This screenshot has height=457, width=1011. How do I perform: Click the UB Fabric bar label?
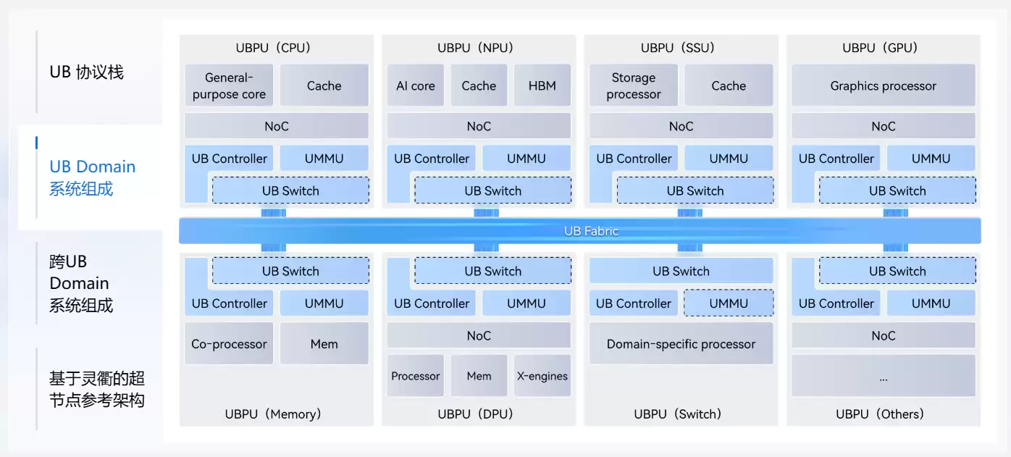[591, 231]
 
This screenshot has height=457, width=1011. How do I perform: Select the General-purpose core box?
[229, 85]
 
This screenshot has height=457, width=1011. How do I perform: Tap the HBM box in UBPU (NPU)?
[542, 85]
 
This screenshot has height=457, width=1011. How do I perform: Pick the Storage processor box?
[634, 85]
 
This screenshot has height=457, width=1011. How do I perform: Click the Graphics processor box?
[883, 85]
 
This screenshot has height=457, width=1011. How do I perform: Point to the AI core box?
[416, 85]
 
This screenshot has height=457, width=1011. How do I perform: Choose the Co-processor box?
[229, 344]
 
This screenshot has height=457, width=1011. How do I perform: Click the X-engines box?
[542, 376]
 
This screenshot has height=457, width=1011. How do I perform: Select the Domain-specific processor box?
[681, 344]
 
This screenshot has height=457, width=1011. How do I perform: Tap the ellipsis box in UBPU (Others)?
[883, 377]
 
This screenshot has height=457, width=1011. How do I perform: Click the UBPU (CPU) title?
[273, 48]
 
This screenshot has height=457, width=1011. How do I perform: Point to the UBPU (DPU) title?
[475, 414]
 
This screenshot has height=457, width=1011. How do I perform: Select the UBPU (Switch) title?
[678, 414]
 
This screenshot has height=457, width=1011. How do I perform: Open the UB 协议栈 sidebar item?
[86, 72]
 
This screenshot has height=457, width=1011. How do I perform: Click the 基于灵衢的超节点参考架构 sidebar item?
[97, 389]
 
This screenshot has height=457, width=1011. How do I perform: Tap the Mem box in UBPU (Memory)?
[324, 344]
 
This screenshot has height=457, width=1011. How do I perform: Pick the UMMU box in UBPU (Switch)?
[729, 303]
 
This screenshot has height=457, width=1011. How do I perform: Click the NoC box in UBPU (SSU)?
[681, 126]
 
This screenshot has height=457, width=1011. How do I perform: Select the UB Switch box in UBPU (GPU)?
[897, 191]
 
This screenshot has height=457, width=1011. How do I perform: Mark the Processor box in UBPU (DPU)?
[416, 376]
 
